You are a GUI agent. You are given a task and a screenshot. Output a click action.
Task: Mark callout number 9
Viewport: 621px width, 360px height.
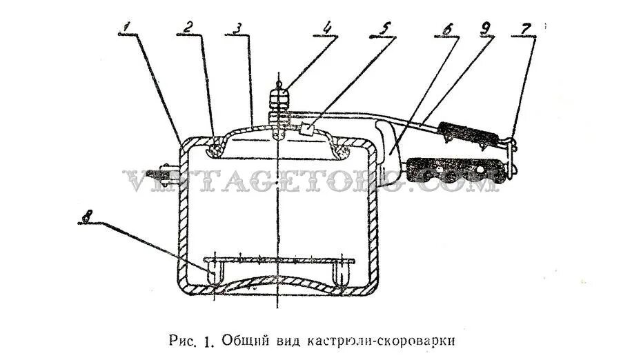click(x=486, y=30)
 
